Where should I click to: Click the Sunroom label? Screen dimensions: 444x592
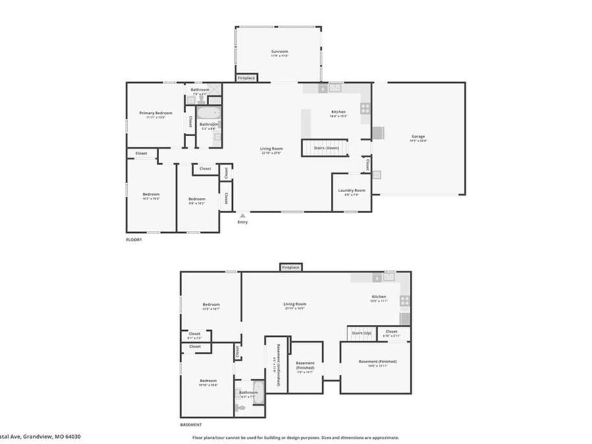click(x=280, y=51)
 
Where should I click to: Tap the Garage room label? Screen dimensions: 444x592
click(x=418, y=137)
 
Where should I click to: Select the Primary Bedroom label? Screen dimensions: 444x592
click(x=155, y=113)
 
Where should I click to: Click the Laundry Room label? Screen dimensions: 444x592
click(x=348, y=191)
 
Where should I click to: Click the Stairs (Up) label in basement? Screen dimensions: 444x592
click(x=362, y=333)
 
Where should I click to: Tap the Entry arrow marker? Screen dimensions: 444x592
click(x=243, y=215)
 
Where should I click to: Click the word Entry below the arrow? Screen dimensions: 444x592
click(x=243, y=222)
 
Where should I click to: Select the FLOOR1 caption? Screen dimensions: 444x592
click(x=134, y=239)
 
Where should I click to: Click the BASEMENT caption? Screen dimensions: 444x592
click(x=191, y=425)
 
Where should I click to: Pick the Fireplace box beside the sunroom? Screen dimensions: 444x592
click(x=247, y=78)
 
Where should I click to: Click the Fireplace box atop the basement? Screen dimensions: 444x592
click(x=291, y=267)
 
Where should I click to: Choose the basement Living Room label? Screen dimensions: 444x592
click(x=295, y=304)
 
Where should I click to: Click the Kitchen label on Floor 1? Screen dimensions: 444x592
click(x=338, y=112)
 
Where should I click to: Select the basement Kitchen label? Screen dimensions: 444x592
click(x=379, y=297)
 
